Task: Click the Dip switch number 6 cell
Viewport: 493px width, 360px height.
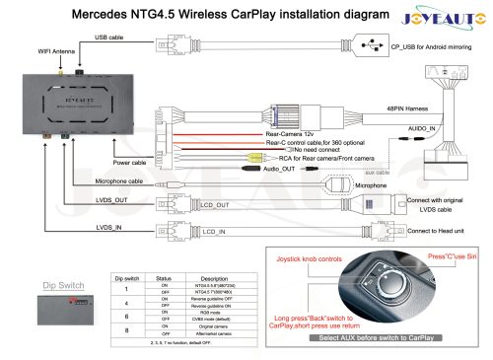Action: coord(126,316)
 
